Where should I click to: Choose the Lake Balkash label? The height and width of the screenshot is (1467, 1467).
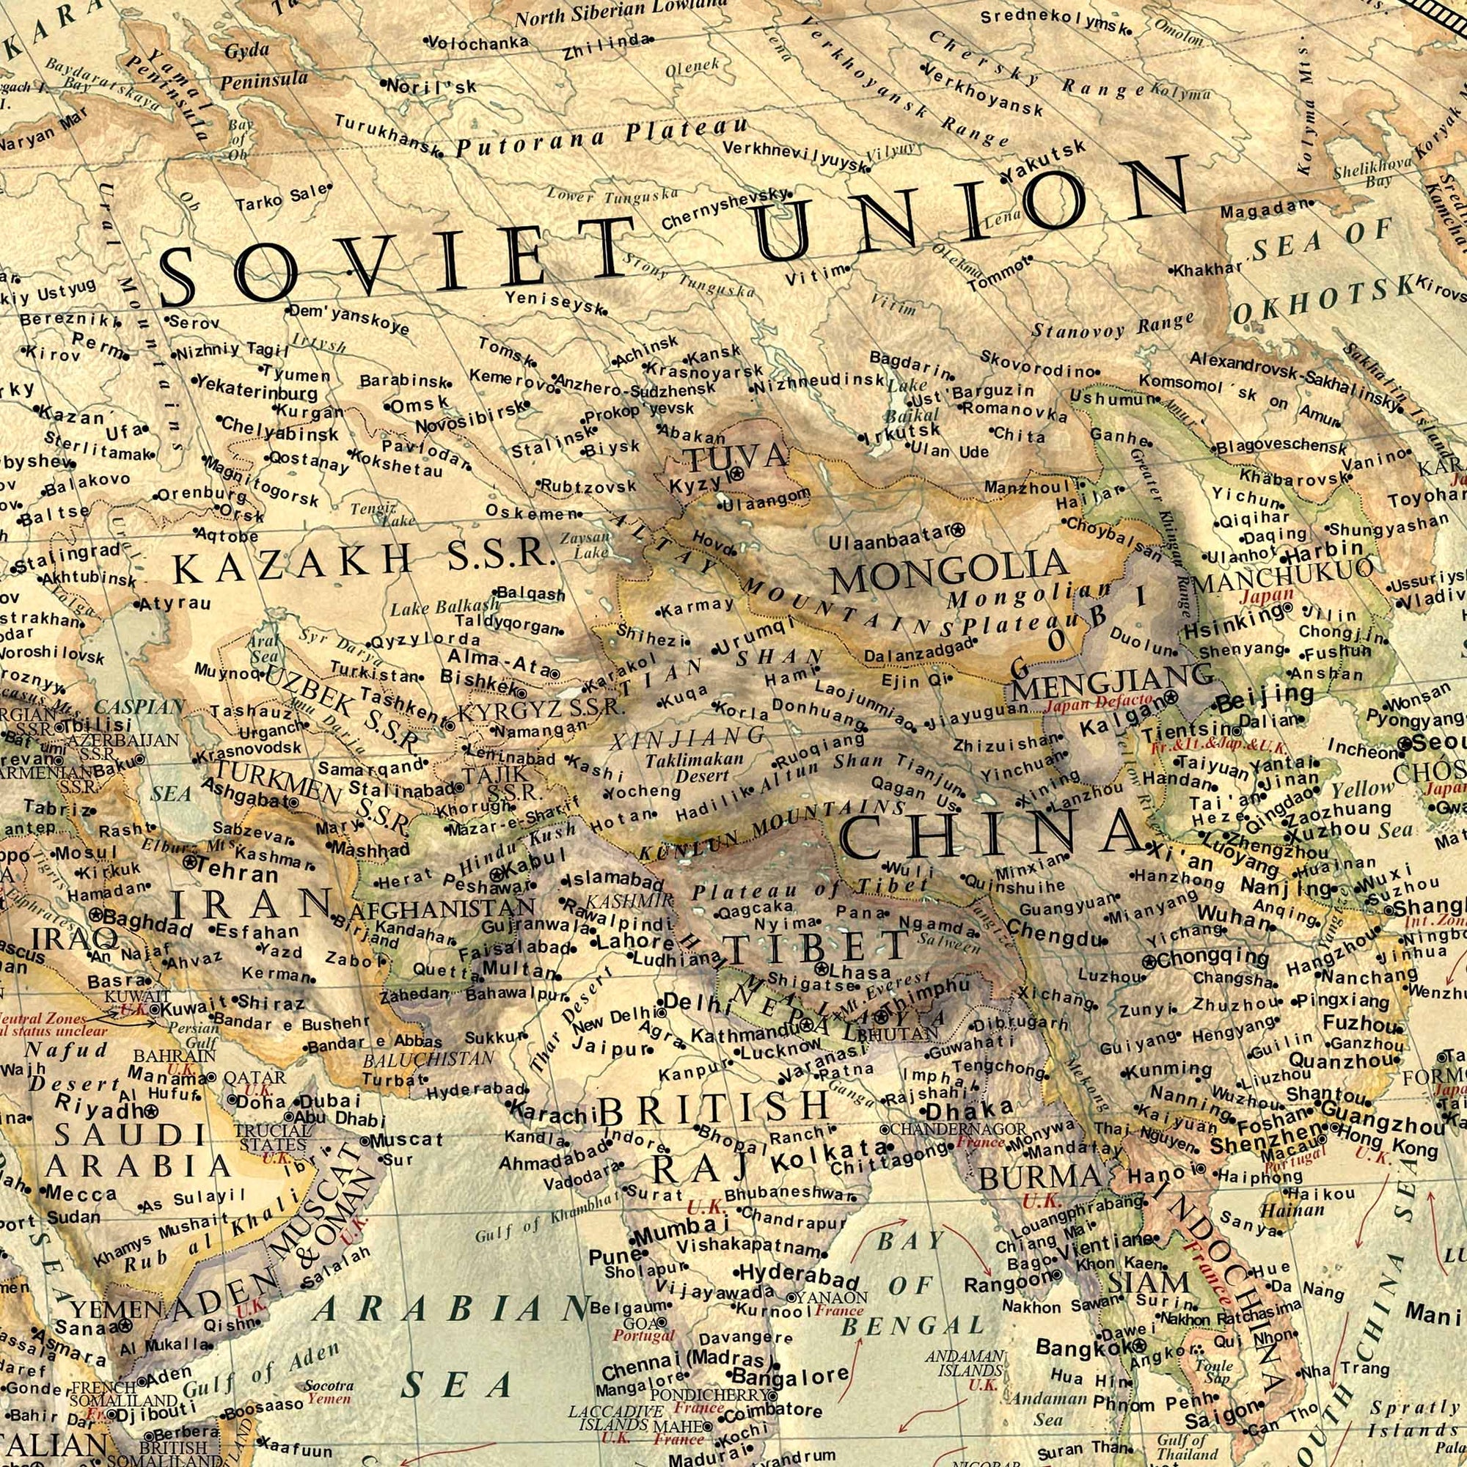445,607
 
